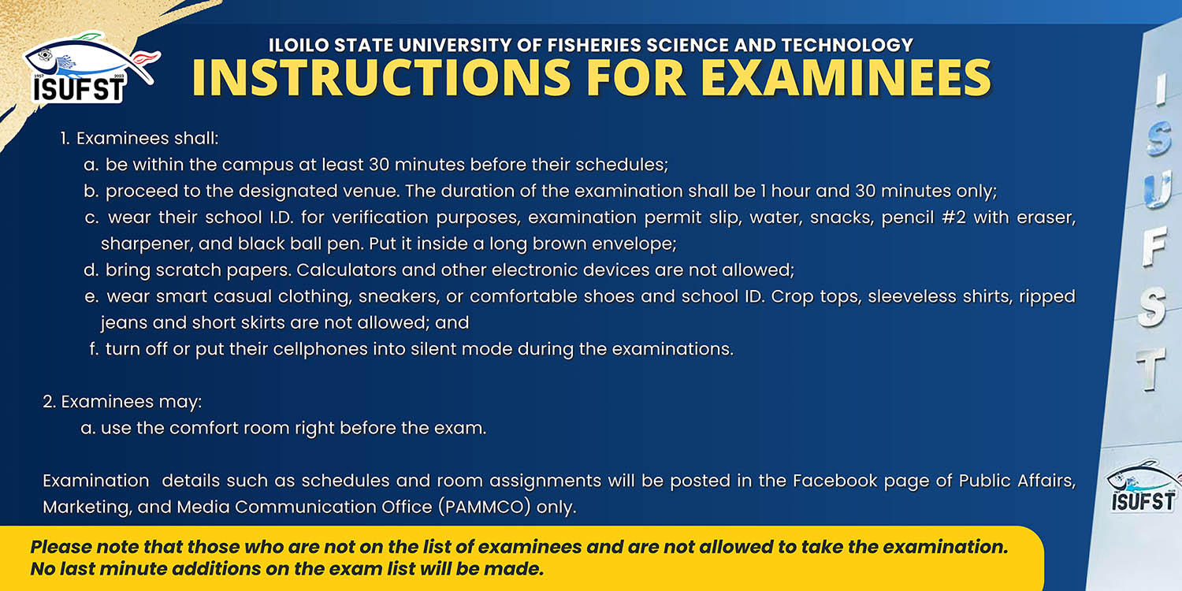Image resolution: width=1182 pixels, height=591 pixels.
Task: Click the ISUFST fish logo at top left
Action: click(91, 68)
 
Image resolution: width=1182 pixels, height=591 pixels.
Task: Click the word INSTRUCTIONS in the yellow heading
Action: click(381, 77)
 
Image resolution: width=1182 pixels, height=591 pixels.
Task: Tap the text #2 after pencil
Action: click(953, 217)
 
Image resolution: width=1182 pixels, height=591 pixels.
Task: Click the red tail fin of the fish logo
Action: click(146, 57)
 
